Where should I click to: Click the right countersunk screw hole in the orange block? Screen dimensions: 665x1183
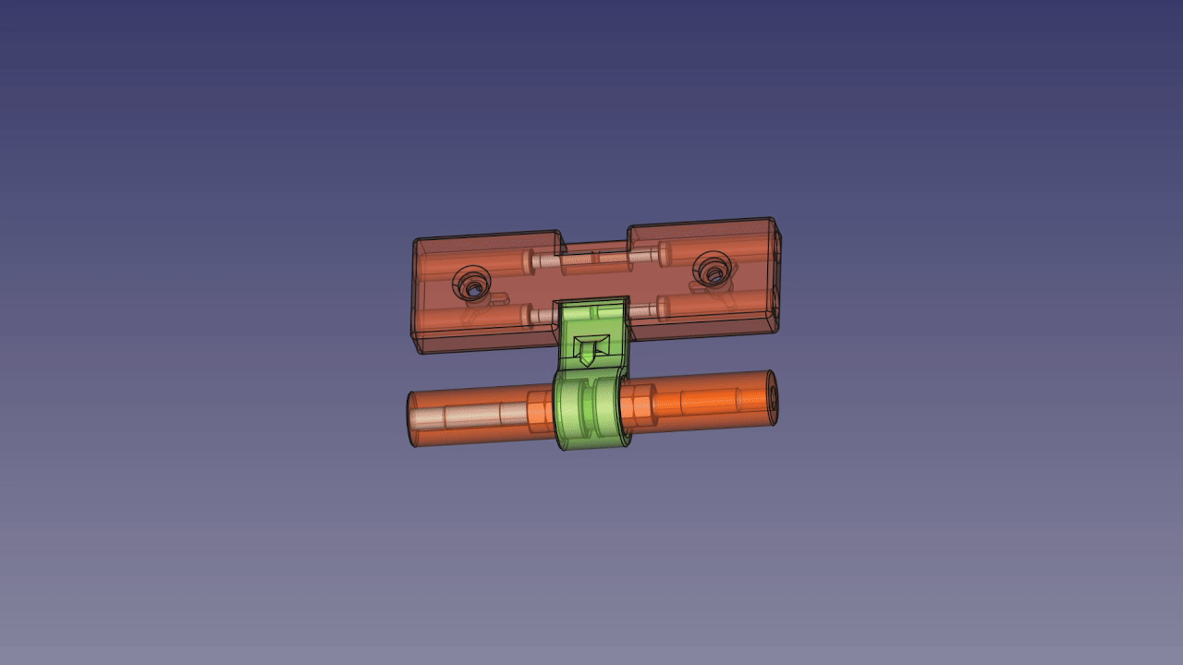point(711,270)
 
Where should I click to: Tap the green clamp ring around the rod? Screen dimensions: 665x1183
point(592,412)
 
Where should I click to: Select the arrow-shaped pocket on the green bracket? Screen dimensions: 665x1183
point(588,349)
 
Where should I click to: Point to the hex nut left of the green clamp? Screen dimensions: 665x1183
point(538,412)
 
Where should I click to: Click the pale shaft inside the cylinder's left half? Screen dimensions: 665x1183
point(471,417)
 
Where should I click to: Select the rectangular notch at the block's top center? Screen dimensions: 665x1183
point(594,246)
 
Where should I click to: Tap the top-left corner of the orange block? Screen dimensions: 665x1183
point(417,242)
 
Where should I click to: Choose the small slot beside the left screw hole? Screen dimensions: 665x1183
point(497,299)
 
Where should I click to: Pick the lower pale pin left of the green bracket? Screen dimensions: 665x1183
point(541,315)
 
